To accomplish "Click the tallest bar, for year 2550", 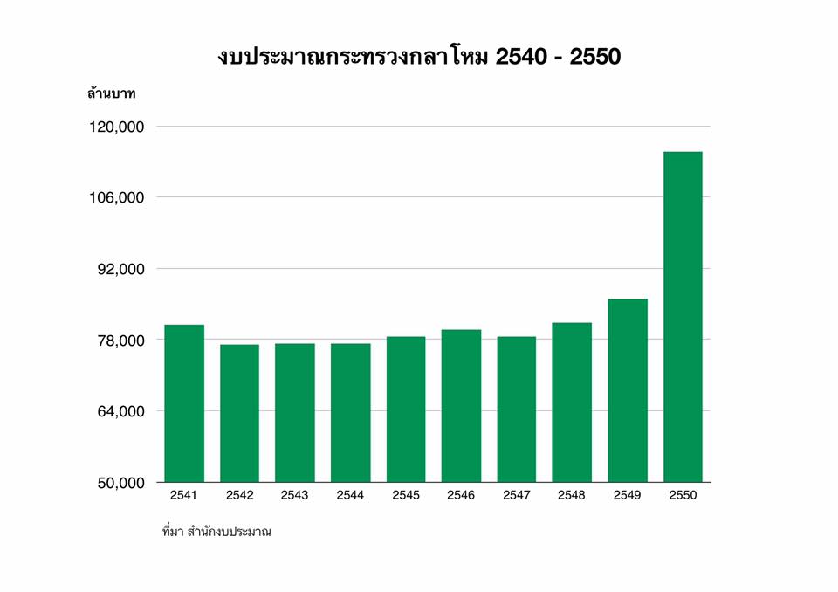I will (683, 316).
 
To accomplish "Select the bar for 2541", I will (184, 403).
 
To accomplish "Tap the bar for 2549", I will (628, 389).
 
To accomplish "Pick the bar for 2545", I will (406, 409).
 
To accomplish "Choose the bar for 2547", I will (517, 409).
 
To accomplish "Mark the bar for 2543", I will (295, 412).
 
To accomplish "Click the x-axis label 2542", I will (239, 495).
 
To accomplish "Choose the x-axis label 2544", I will (350, 495).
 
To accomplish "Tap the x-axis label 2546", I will (461, 495).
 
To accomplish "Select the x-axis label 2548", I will (572, 495).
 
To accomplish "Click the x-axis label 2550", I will (683, 495).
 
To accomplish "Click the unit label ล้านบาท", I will (111, 92).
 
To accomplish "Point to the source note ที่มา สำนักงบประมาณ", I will (216, 531).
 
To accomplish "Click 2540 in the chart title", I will (524, 58).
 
